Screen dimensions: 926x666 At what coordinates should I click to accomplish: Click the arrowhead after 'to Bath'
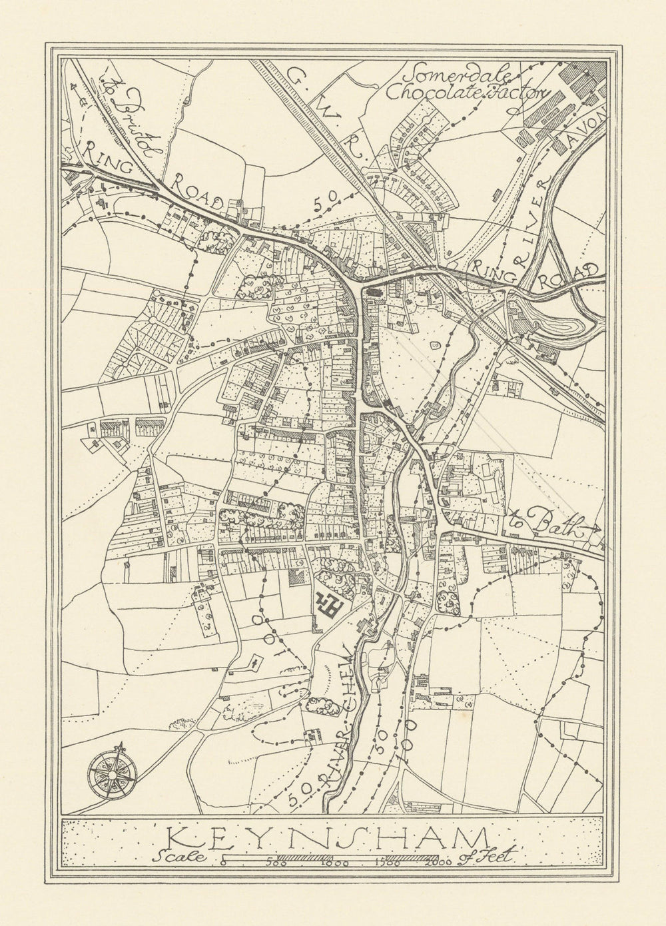click(x=595, y=529)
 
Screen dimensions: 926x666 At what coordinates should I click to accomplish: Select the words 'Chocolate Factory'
click(x=466, y=93)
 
